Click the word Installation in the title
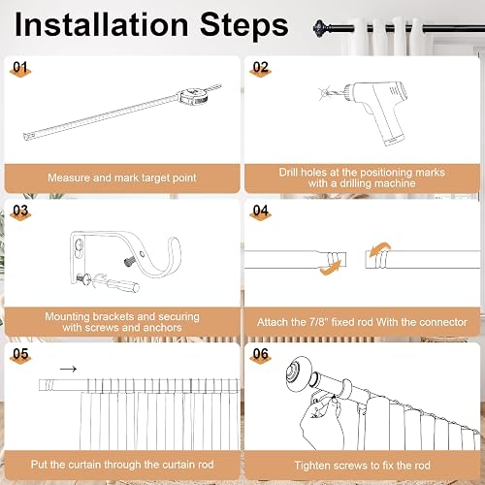(x=102, y=24)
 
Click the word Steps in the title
(x=244, y=25)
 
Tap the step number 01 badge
(x=20, y=69)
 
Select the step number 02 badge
(x=260, y=69)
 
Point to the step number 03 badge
(x=20, y=212)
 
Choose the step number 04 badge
(x=260, y=212)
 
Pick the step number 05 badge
(x=20, y=356)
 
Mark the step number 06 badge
(x=260, y=356)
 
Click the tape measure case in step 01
(x=192, y=97)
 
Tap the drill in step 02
(x=378, y=110)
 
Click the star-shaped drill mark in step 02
(x=325, y=93)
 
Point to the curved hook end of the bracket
(x=168, y=259)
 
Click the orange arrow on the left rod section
(x=331, y=269)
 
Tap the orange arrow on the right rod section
(x=380, y=249)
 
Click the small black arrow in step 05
(x=68, y=369)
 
